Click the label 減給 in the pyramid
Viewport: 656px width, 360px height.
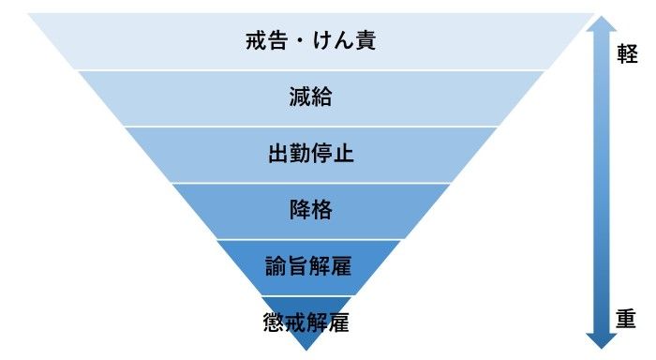[x=309, y=97]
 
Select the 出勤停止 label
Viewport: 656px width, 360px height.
[x=309, y=154]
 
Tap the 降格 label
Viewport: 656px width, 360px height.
[x=309, y=210]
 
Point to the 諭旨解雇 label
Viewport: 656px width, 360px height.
[x=308, y=266]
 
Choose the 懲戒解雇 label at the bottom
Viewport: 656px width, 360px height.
[x=307, y=323]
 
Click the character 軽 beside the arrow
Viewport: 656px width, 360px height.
[x=627, y=54]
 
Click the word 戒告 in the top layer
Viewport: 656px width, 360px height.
[x=261, y=40]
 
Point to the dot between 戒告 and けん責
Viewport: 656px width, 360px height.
[x=294, y=41]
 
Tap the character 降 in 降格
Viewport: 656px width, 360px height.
[x=298, y=210]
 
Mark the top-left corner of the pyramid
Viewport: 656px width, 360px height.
[x=29, y=15]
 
